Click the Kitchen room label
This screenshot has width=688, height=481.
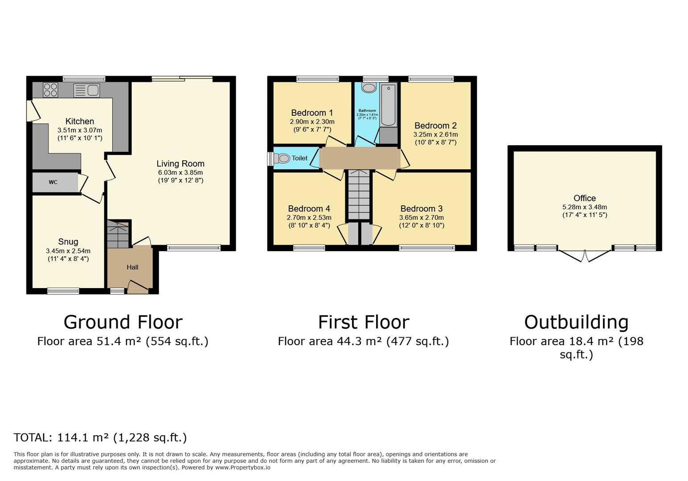[x=80, y=121]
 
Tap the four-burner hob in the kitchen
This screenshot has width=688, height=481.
[x=50, y=90]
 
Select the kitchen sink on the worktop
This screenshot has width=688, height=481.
[x=87, y=90]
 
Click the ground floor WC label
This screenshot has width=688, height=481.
[x=53, y=182]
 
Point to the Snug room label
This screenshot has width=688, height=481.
[x=68, y=242]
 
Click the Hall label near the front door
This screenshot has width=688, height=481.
[x=132, y=267]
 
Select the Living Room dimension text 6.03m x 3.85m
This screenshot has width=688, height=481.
[x=180, y=172]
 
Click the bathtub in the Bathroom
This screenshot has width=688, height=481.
[x=389, y=105]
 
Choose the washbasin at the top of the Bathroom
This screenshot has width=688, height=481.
[x=369, y=88]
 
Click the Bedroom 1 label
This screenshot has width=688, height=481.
[x=312, y=113]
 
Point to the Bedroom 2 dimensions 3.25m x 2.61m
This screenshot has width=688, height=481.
[x=435, y=135]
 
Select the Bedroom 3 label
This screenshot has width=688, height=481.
[x=422, y=208]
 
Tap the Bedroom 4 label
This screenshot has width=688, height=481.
[x=309, y=208]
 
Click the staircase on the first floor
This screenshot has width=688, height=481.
[x=359, y=195]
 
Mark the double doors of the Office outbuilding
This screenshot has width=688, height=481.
[x=584, y=256]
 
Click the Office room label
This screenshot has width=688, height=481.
[x=585, y=198]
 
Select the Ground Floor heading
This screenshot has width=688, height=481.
[x=123, y=322]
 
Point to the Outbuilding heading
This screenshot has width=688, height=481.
[x=576, y=322]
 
